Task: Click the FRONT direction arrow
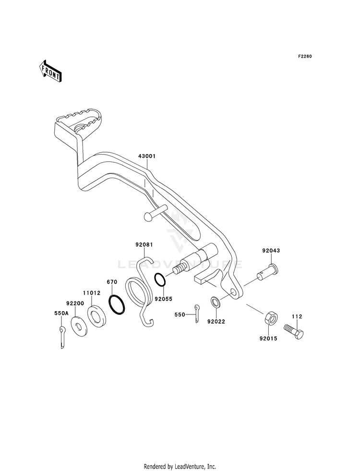pyautogui.click(x=50, y=71)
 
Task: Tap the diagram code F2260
pyautogui.click(x=305, y=56)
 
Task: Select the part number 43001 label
pyautogui.click(x=147, y=156)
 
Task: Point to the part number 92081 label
pyautogui.click(x=144, y=244)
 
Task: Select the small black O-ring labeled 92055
pyautogui.click(x=160, y=280)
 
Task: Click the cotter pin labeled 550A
pyautogui.click(x=62, y=337)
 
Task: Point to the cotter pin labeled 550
pyautogui.click(x=196, y=314)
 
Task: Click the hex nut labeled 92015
pyautogui.click(x=271, y=318)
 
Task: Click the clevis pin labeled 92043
pyautogui.click(x=268, y=272)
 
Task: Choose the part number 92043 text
pyautogui.click(x=271, y=251)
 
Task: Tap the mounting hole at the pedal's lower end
pyautogui.click(x=233, y=292)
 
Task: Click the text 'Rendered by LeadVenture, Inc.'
pyautogui.click(x=180, y=466)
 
